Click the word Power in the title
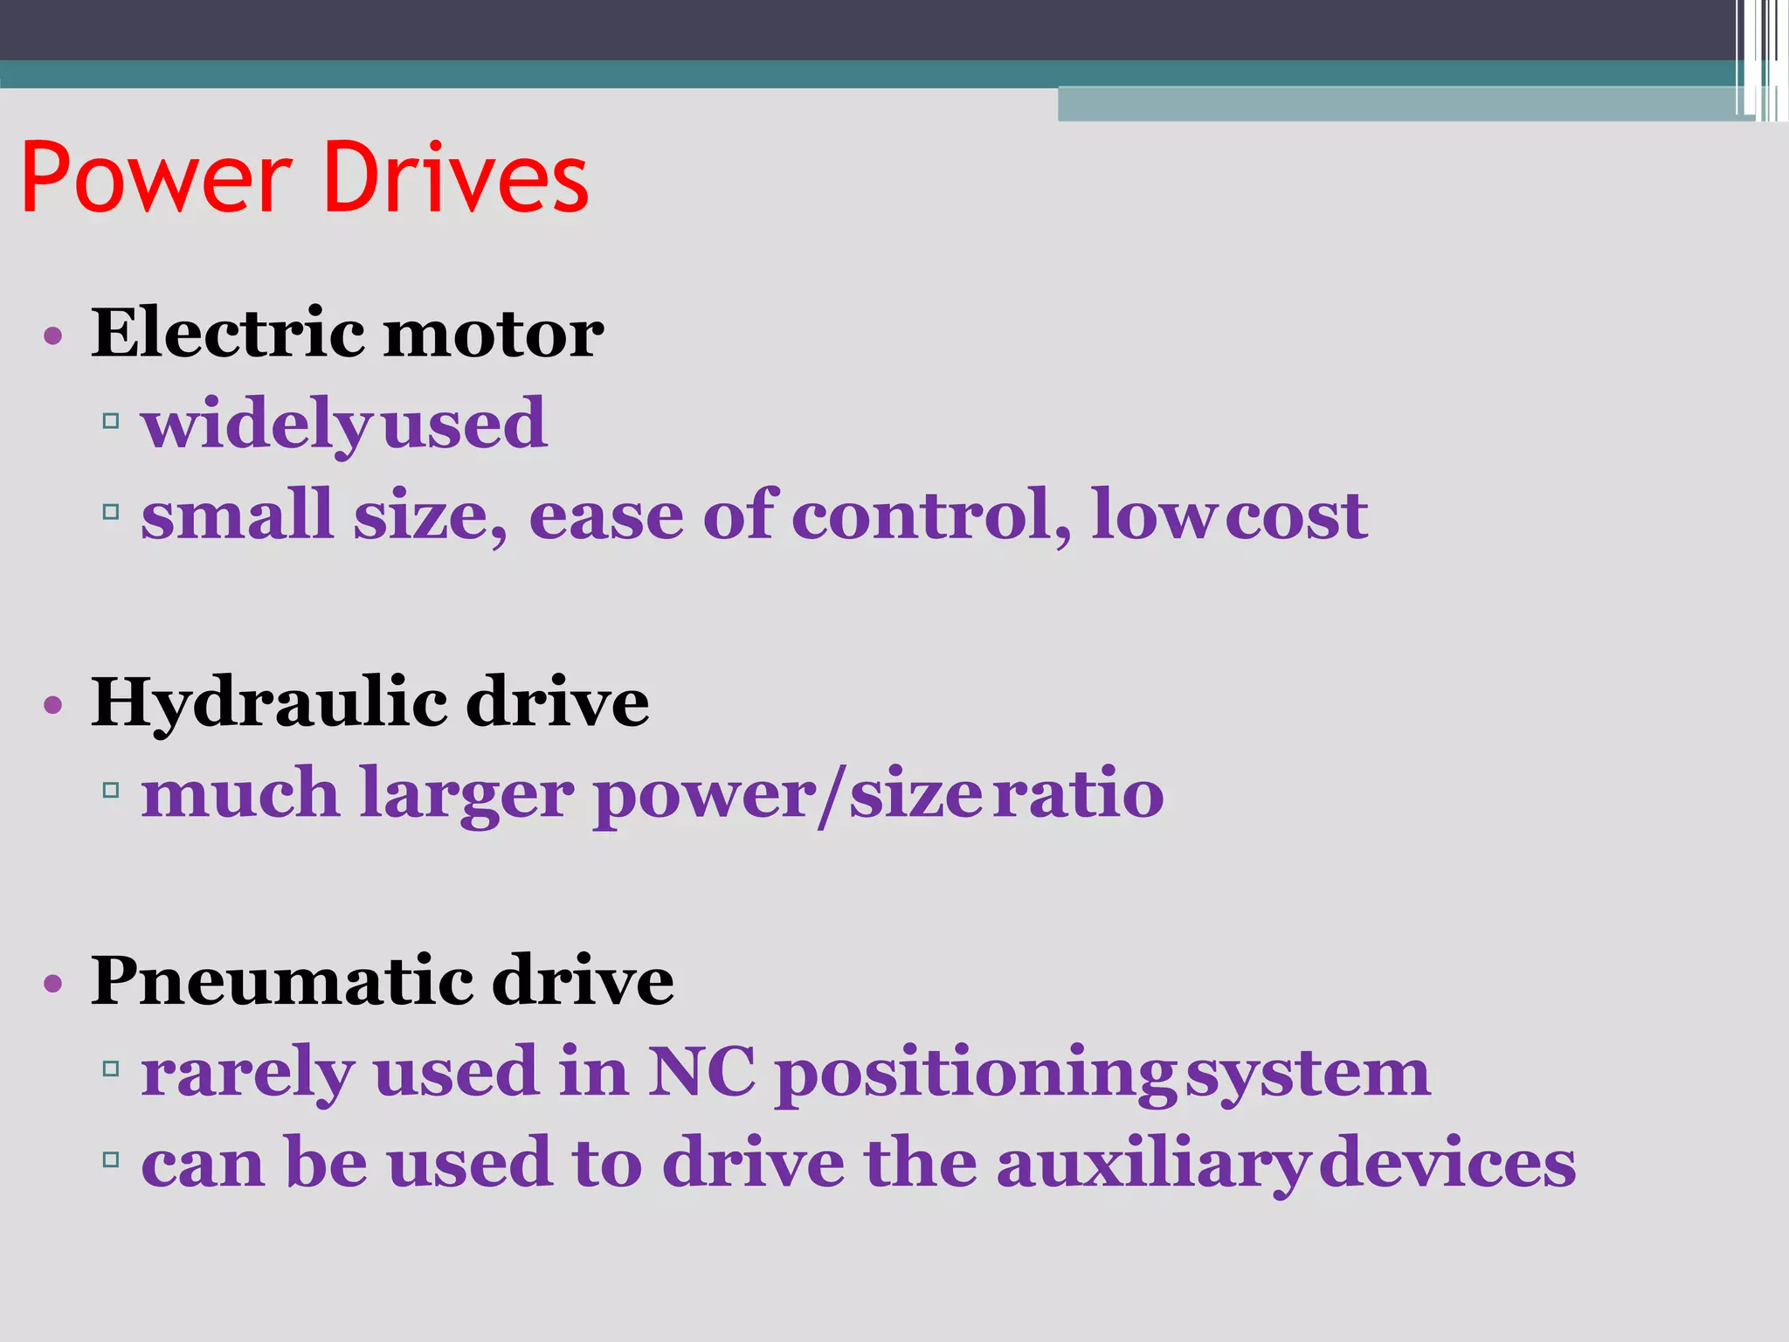156,178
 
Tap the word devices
1447,1164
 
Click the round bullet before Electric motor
53,336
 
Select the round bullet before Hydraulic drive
53,705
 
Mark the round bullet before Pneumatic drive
53,983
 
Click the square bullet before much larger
110,792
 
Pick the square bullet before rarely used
110,1069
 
